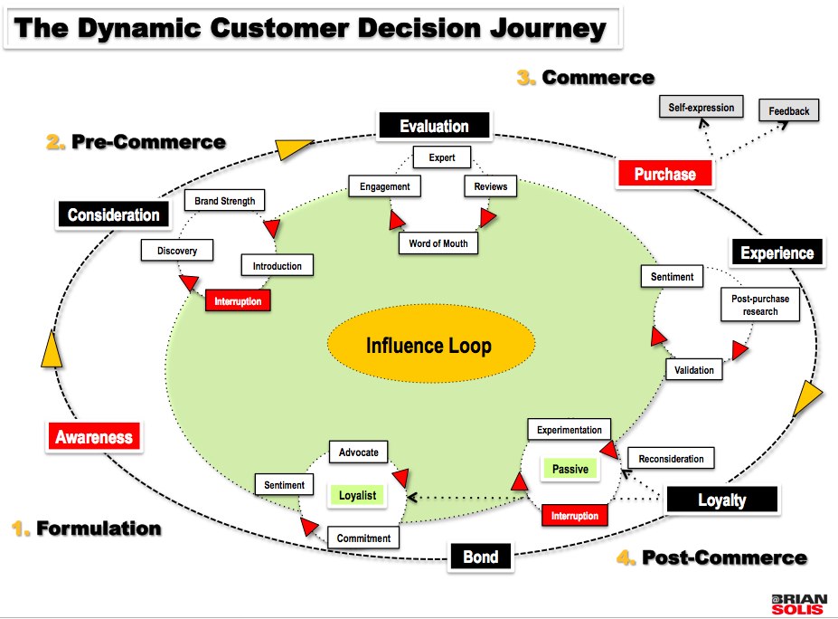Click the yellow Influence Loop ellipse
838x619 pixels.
click(428, 346)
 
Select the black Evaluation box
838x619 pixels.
click(434, 126)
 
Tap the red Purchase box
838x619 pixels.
click(664, 174)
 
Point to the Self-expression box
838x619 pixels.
click(701, 108)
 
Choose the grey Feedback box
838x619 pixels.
click(789, 111)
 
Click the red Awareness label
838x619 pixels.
click(94, 437)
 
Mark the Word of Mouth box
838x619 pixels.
click(438, 243)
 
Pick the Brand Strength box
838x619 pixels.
click(225, 201)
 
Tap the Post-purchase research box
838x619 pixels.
click(760, 304)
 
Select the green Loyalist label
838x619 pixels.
click(357, 495)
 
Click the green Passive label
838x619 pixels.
click(570, 469)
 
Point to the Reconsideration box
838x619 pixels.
click(671, 459)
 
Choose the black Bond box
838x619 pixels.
click(480, 557)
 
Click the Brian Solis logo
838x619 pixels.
click(798, 604)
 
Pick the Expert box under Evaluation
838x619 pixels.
click(442, 157)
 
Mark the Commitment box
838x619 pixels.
click(363, 538)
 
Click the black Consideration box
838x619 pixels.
click(113, 215)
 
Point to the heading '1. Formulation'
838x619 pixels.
click(87, 529)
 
